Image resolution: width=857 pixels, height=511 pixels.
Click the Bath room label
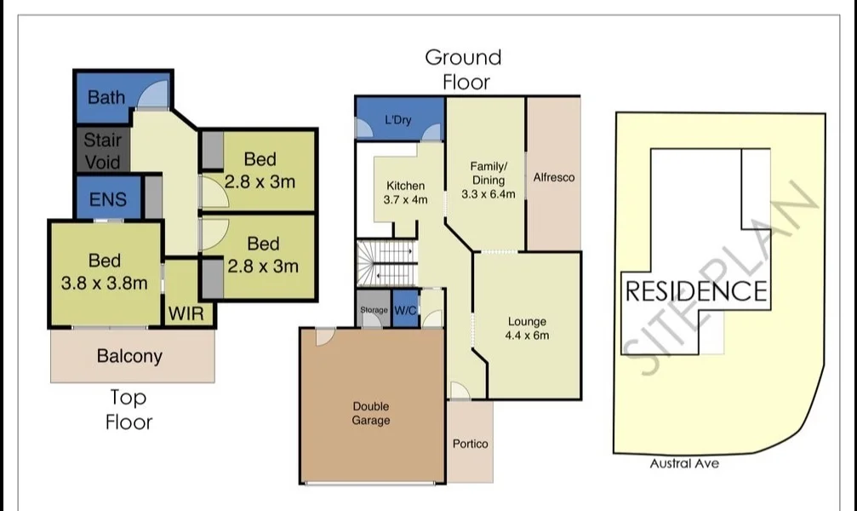point(106,97)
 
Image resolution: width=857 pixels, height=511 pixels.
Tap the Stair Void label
point(102,151)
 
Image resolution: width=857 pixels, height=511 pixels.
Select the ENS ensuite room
point(108,199)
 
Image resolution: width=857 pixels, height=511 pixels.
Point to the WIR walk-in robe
point(186,313)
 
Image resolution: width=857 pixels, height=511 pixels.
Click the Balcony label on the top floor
point(129,356)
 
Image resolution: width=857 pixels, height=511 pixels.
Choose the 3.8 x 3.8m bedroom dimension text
point(104,283)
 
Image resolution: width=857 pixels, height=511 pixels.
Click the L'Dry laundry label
point(397,120)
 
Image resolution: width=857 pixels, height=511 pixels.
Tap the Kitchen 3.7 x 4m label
point(406,193)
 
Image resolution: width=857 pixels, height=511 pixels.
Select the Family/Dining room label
point(488,180)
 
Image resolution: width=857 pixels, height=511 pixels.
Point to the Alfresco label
point(554,178)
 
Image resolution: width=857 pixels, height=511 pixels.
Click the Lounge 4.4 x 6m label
point(527,328)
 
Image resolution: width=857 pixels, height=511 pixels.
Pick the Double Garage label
point(371,414)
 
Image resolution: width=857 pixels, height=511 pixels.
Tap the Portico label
point(471,444)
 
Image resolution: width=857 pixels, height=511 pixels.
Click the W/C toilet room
point(405,311)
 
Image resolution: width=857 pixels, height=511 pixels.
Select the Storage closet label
point(374,311)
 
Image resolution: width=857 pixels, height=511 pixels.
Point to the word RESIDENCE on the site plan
point(696,291)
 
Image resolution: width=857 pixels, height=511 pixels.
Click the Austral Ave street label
point(684,463)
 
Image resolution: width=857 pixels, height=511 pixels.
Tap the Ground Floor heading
point(463,69)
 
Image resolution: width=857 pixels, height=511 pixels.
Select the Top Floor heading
point(129,409)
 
